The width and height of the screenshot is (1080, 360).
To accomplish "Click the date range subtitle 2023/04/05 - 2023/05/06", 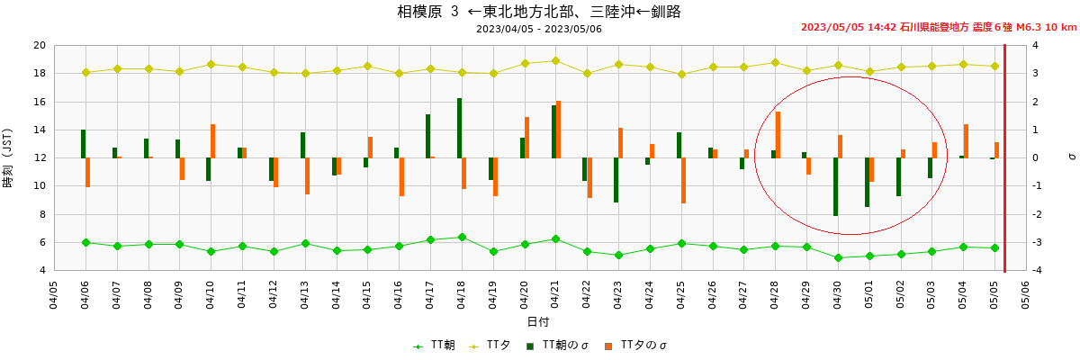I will [x=539, y=29].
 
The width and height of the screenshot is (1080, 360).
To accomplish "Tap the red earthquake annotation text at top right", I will [x=938, y=27].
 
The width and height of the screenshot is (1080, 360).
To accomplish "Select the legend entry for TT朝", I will [x=434, y=345].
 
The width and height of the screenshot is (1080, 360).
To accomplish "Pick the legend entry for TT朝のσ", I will [x=557, y=345].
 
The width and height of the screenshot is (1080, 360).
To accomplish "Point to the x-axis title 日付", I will [x=538, y=321].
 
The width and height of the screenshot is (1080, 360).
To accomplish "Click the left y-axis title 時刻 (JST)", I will [x=9, y=158].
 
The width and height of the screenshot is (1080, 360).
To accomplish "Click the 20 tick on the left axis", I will [x=39, y=46].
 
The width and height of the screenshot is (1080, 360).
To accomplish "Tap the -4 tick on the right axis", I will [x=1035, y=270].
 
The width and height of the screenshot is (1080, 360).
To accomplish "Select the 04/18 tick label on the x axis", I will [x=461, y=295].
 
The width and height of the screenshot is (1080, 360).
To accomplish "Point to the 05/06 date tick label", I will [x=1025, y=295].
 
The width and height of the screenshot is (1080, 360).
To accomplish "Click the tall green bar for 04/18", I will [x=459, y=128].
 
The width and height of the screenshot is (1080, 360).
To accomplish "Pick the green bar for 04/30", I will [x=835, y=186].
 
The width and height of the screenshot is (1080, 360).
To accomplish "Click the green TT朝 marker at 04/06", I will [x=85, y=242].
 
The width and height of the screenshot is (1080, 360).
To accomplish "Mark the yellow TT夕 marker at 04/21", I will [x=555, y=61].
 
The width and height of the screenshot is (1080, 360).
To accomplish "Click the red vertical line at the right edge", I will [x=1004, y=157].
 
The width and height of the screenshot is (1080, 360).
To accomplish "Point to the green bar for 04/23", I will [x=616, y=180].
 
